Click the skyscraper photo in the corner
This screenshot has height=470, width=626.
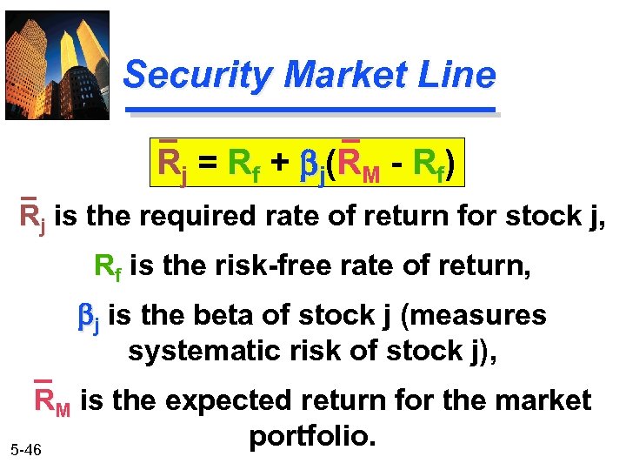pyautogui.click(x=57, y=64)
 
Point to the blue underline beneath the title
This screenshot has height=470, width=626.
pyautogui.click(x=310, y=111)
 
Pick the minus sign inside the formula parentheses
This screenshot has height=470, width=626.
pyautogui.click(x=396, y=164)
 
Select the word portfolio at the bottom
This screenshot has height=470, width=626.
pyautogui.click(x=312, y=434)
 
